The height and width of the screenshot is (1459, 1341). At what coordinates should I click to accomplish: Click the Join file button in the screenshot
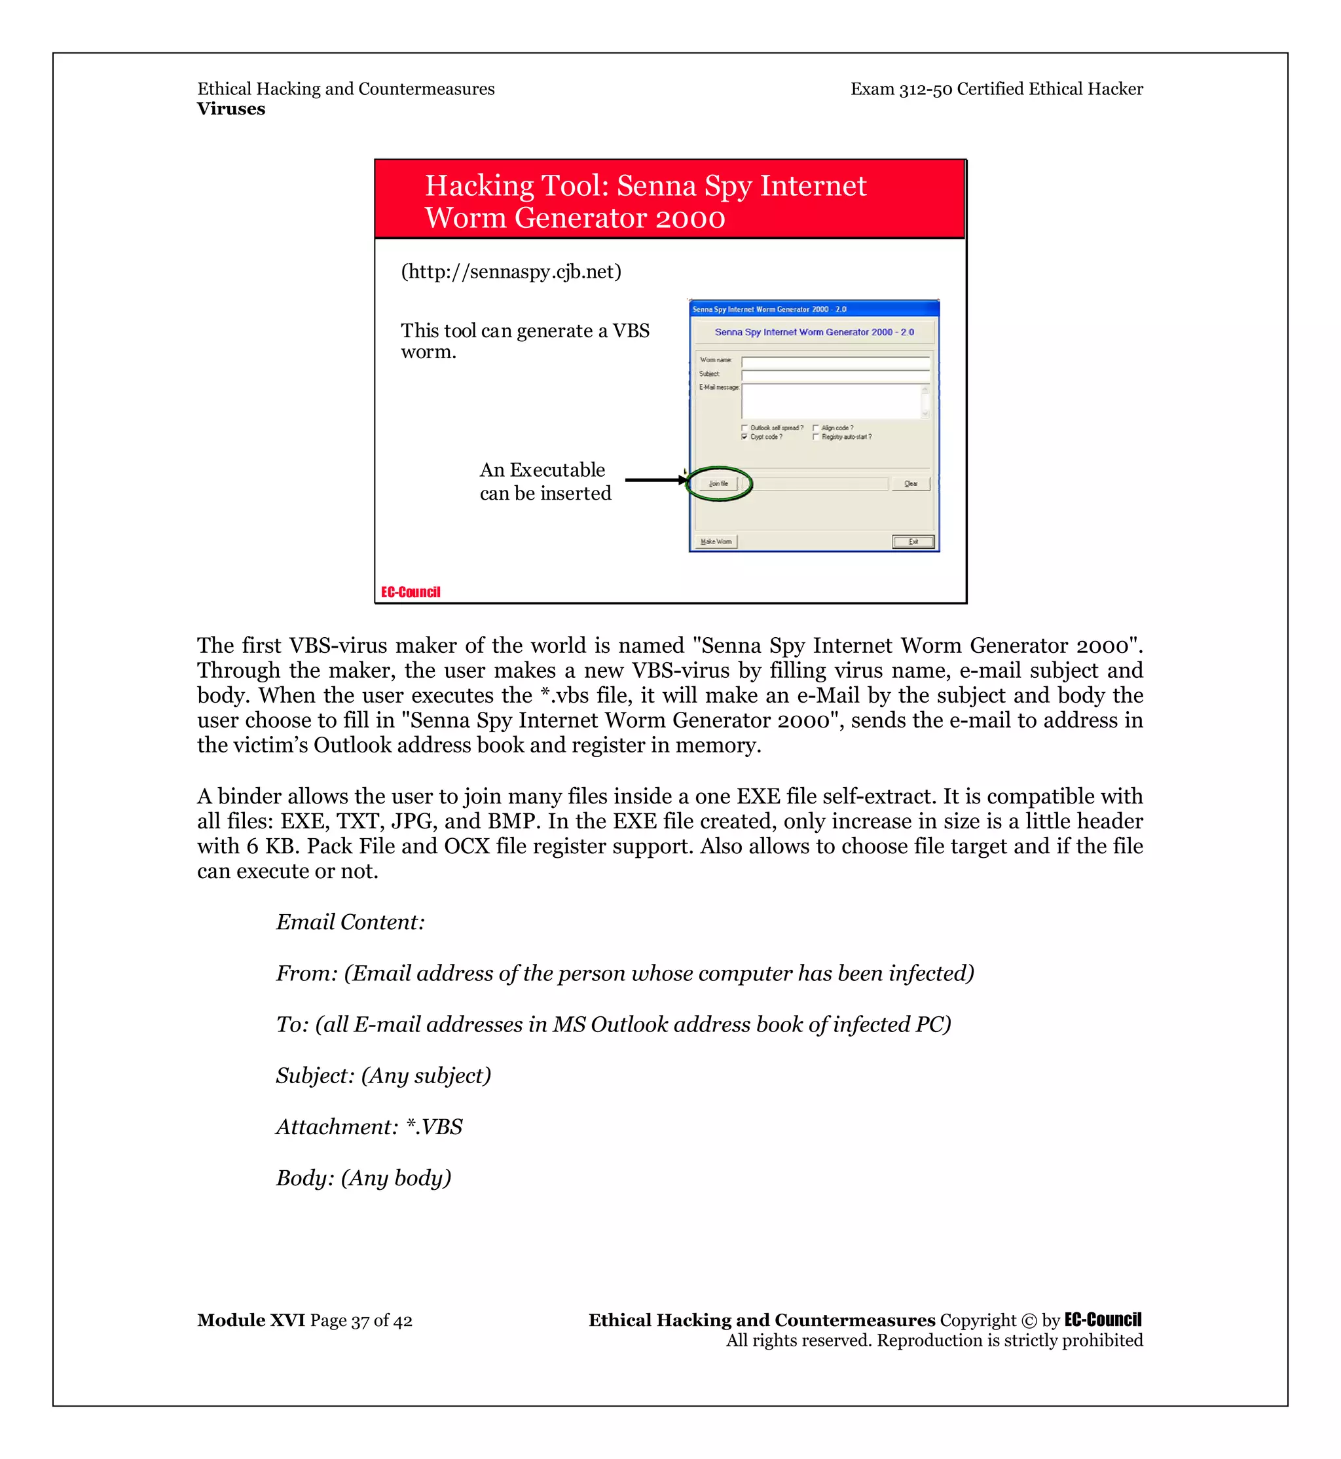pos(718,483)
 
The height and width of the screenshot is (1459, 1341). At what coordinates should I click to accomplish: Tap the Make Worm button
pos(716,542)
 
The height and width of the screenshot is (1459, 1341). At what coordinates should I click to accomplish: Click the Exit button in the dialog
pos(913,542)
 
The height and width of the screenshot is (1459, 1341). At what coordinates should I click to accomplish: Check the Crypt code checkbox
pos(744,437)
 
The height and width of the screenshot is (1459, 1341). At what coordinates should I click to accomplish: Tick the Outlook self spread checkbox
pos(744,428)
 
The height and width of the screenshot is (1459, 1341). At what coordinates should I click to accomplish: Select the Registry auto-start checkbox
pos(816,437)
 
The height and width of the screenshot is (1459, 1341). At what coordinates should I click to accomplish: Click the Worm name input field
pos(834,361)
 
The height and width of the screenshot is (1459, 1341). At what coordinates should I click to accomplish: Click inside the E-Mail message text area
pos(831,401)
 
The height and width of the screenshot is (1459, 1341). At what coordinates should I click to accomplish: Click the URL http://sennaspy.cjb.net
pos(511,272)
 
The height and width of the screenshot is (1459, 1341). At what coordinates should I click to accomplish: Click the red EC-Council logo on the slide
pos(411,593)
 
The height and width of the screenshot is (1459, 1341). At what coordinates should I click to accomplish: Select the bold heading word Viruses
pos(230,109)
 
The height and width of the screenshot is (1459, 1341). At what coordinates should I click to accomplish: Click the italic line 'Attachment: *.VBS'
pos(369,1126)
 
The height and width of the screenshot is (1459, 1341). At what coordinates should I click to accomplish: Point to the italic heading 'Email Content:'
pos(350,922)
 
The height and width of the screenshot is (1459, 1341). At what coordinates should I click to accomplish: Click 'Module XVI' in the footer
pos(251,1320)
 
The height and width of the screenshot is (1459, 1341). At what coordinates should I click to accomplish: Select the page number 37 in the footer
pos(361,1320)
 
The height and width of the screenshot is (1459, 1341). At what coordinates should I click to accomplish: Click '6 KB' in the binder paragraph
pos(269,846)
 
